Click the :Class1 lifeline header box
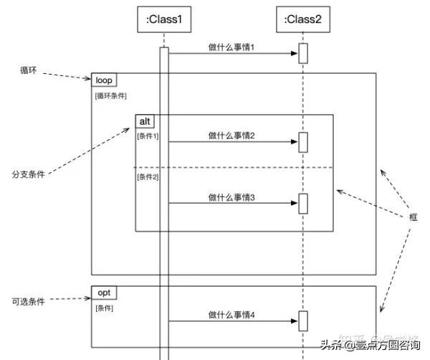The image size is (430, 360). [164, 19]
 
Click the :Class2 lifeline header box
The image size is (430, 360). [303, 19]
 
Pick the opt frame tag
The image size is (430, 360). [104, 293]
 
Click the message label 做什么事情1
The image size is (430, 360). [231, 47]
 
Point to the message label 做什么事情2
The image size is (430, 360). [231, 135]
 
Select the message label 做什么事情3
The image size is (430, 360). [231, 196]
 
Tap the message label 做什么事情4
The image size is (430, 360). [231, 314]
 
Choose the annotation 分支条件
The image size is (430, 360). [28, 174]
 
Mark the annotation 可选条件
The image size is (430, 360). [28, 302]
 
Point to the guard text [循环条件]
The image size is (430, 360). [111, 95]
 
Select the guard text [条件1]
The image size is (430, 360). [148, 136]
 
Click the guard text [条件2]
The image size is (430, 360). [148, 177]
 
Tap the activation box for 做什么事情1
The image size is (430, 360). [303, 54]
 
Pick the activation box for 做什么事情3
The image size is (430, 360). [303, 204]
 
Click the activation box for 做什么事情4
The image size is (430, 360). [303, 321]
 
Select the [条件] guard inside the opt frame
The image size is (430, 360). [105, 308]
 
